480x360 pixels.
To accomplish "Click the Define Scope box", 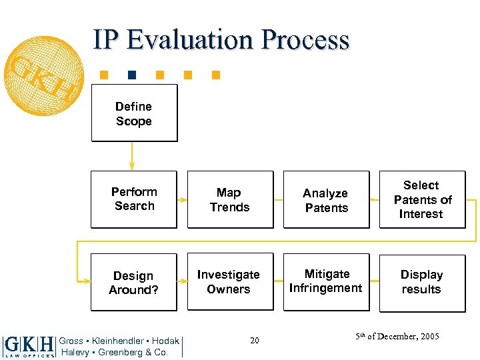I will (134, 113).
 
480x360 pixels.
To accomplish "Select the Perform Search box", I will (134, 199).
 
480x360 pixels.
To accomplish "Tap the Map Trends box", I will (230, 199).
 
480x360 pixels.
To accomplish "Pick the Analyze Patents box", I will (326, 200).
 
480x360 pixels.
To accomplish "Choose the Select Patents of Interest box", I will (422, 199).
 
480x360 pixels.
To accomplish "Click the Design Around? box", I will (133, 282).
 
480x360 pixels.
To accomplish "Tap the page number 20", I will (254, 341).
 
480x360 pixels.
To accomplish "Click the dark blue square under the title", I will (133, 75).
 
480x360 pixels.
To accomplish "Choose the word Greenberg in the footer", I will (123, 352).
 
